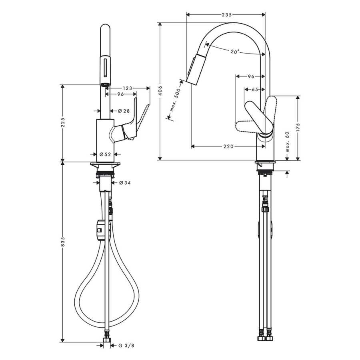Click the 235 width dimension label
(226, 15)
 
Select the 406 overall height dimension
(160, 90)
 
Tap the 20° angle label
(235, 52)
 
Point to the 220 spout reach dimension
(228, 146)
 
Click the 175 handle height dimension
(298, 128)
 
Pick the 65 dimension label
(255, 90)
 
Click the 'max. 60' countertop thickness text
(288, 142)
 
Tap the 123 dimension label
(128, 88)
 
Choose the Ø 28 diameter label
(124, 111)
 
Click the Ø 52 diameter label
(105, 154)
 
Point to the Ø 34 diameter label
(125, 183)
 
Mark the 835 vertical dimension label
(63, 242)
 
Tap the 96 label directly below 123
(120, 94)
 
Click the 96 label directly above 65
(251, 76)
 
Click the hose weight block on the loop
(100, 230)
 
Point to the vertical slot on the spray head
(105, 68)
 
